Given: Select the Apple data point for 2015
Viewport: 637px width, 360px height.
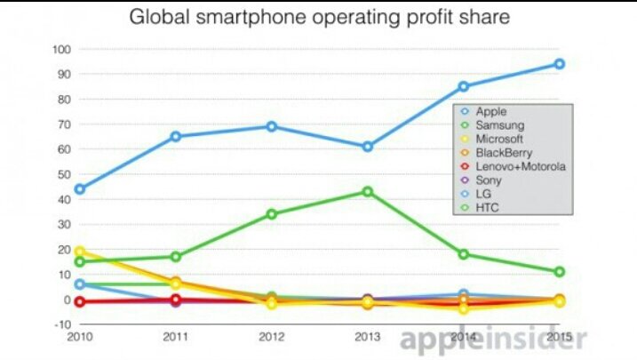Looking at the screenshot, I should point(559,64).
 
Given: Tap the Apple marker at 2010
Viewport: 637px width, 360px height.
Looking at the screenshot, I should point(80,189).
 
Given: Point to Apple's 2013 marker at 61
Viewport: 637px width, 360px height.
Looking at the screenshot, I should point(367,147).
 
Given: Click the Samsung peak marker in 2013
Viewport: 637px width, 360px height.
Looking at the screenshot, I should point(367,192).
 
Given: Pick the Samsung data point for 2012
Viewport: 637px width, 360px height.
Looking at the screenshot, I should point(271,214).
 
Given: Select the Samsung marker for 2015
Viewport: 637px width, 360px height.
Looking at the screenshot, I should point(559,272).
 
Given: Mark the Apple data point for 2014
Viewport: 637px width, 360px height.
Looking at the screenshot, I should point(463,86).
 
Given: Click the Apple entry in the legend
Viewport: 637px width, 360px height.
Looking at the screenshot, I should point(491,112).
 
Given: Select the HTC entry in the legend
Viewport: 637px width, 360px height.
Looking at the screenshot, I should point(488,208).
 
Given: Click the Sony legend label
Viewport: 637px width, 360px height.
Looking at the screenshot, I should point(489,180).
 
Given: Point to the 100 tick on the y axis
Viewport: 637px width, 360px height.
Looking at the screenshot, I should point(60,49).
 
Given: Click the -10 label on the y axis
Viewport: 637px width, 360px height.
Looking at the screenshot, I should point(60,324).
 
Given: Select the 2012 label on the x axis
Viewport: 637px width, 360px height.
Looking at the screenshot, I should point(271,337).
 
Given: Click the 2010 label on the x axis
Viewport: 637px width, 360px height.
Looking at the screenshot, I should point(80,337).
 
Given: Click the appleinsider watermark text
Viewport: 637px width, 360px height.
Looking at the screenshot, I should point(493,339).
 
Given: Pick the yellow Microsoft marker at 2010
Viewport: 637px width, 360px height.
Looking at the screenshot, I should point(80,252).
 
